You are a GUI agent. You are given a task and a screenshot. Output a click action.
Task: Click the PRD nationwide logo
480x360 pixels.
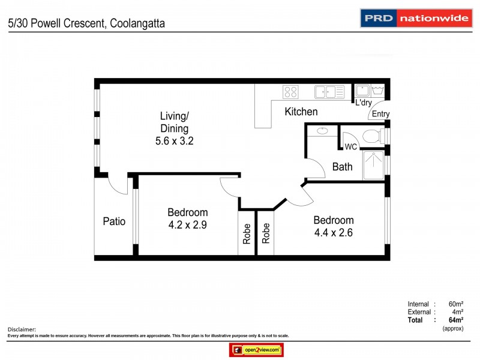[x=415, y=18]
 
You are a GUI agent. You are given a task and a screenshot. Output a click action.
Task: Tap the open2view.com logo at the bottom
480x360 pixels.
[x=256, y=350]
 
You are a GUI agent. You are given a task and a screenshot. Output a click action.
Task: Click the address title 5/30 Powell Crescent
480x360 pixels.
[x=86, y=23]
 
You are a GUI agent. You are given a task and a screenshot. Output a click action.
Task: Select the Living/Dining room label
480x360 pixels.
[x=174, y=122]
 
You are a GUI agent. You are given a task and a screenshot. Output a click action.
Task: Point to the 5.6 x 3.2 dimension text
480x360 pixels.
[x=174, y=142]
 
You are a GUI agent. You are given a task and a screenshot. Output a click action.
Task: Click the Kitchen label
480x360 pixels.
[x=301, y=112]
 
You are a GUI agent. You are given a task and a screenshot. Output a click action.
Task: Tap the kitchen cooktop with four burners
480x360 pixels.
[x=290, y=92]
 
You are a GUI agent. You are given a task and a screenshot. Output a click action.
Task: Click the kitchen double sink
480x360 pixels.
[x=329, y=92]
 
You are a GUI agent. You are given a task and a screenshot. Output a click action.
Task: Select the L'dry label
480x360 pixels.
[x=364, y=103]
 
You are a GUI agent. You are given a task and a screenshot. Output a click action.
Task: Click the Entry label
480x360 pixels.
[x=380, y=114]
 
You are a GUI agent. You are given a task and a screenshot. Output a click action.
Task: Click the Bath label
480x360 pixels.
[x=342, y=167]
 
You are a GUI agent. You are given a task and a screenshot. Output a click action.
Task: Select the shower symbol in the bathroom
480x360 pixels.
[x=374, y=165]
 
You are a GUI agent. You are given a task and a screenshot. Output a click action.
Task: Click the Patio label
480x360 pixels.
[x=114, y=221]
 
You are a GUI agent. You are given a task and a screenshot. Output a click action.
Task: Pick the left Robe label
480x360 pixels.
[x=247, y=233]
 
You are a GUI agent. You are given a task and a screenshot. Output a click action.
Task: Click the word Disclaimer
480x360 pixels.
[x=22, y=329]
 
